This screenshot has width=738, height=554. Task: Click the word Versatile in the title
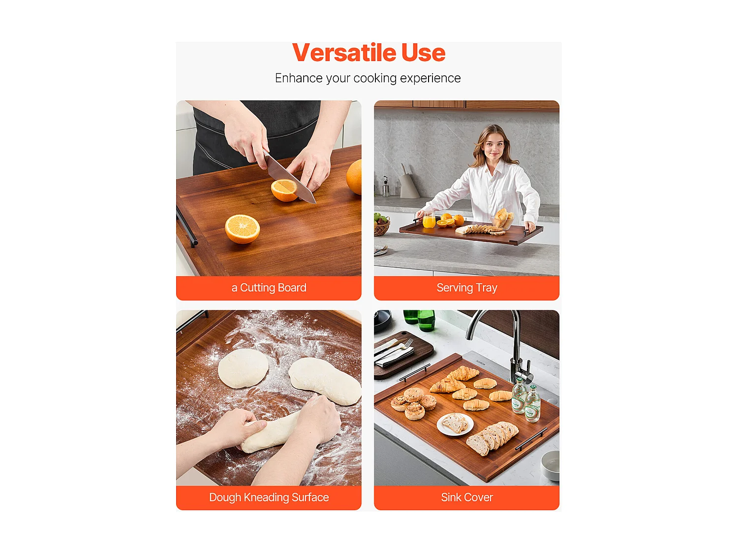coord(343,53)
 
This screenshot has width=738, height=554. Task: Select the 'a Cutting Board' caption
coord(269,288)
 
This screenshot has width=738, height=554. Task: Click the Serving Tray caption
coord(466,288)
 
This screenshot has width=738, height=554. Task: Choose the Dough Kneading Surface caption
coord(269,497)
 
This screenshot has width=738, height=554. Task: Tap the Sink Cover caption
coord(466,497)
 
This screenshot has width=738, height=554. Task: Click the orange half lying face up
coord(242,228)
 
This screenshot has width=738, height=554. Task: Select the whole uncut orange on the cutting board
coord(355,177)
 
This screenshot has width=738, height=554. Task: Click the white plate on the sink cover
coord(455,424)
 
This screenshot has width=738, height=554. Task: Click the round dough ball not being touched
coord(243,368)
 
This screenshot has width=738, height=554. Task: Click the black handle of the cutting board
coord(186,227)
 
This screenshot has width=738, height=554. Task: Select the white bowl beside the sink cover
coord(551,465)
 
